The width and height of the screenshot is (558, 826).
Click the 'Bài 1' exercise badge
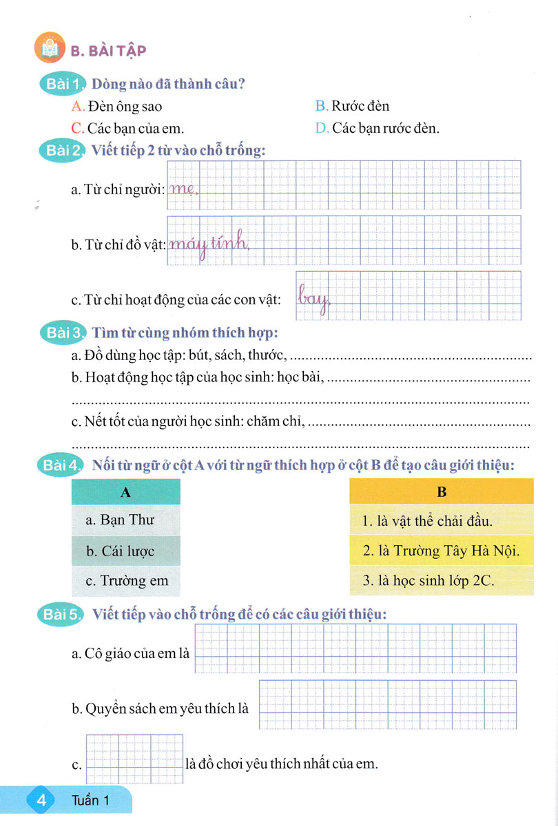coord(62,85)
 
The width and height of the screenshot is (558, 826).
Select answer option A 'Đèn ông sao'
coord(116,107)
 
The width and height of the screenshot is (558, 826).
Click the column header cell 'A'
coord(125,492)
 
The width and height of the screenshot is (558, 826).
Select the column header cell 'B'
coord(442,492)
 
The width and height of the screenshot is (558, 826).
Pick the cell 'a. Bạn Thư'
coord(125,520)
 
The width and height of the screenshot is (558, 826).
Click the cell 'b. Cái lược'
coord(125,551)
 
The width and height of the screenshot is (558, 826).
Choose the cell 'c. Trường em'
coord(125,581)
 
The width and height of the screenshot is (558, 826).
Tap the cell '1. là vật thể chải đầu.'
coord(442,520)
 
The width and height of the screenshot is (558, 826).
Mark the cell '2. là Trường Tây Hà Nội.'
coord(442,551)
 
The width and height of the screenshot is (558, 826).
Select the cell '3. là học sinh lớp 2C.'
coord(442,581)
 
